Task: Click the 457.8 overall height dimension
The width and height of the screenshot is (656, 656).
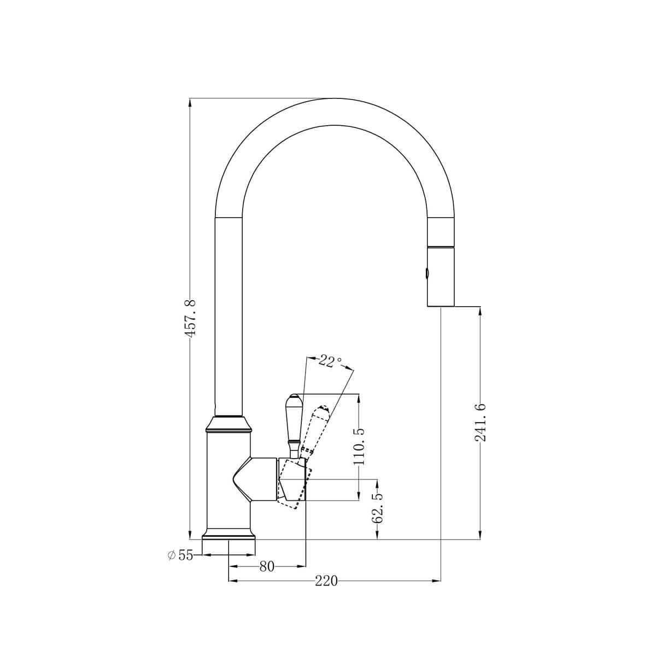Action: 190,318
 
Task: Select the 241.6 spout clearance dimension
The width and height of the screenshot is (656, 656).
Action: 480,423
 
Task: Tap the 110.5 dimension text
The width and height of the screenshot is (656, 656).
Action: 359,446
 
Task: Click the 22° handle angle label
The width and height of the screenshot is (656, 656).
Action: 329,361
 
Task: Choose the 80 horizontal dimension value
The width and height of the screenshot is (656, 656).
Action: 266,567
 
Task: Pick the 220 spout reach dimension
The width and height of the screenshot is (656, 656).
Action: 326,581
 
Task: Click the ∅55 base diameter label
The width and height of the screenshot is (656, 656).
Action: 180,555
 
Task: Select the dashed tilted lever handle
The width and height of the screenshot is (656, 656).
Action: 314,432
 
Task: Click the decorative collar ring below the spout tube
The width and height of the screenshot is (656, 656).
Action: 229,424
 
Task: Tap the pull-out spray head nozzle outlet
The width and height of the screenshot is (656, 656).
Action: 440,305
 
